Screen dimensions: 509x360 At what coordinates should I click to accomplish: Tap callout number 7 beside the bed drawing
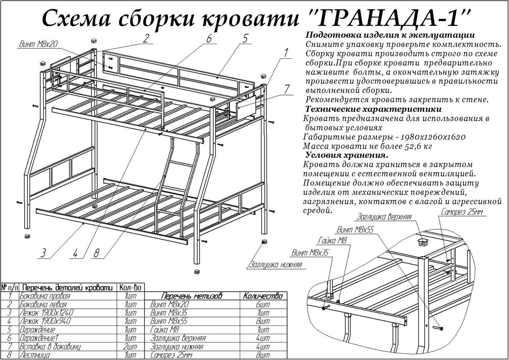[287, 89]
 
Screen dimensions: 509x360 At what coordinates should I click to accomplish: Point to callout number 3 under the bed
[43, 253]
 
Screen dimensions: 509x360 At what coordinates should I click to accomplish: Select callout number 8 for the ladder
[97, 253]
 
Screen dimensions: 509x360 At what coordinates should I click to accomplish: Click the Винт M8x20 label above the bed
[38, 44]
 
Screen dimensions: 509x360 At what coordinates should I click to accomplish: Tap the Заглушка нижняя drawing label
[276, 265]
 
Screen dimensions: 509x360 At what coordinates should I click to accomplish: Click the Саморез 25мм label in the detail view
[462, 212]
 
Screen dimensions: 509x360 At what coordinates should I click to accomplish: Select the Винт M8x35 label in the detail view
[310, 253]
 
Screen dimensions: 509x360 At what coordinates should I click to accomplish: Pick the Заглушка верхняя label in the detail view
[384, 217]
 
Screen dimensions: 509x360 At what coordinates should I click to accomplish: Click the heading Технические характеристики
[373, 109]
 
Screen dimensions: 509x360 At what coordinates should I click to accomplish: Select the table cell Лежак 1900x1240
[47, 313]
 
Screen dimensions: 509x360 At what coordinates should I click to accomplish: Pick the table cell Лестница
[35, 355]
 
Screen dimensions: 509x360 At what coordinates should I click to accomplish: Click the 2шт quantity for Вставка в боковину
[131, 346]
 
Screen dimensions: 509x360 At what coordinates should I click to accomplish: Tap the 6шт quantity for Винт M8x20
[263, 304]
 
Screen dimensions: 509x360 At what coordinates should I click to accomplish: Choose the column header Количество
[263, 296]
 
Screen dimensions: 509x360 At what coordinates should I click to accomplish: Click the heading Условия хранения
[347, 155]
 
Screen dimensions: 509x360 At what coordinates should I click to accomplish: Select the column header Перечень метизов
[192, 296]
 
